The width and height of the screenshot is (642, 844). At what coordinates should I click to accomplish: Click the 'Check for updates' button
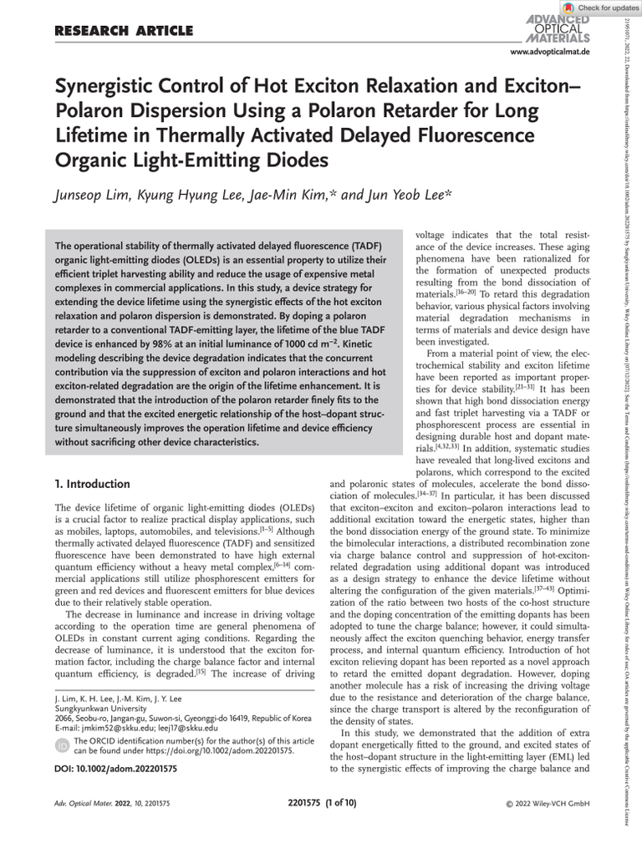pyautogui.click(x=600, y=8)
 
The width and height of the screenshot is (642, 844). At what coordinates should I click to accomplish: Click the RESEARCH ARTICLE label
pyautogui.click(x=124, y=32)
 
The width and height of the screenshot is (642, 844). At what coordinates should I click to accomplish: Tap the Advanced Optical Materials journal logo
pyautogui.click(x=558, y=30)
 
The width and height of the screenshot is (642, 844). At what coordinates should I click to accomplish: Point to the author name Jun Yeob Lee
pyautogui.click(x=410, y=195)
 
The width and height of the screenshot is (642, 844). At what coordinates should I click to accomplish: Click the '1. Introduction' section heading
pyautogui.click(x=92, y=484)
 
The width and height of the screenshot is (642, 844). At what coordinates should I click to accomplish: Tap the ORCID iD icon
pyautogui.click(x=62, y=745)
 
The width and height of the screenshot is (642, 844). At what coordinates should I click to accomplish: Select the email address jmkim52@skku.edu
pyautogui.click(x=123, y=727)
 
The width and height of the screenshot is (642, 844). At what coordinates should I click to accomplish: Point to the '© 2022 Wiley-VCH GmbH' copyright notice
pyautogui.click(x=548, y=804)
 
